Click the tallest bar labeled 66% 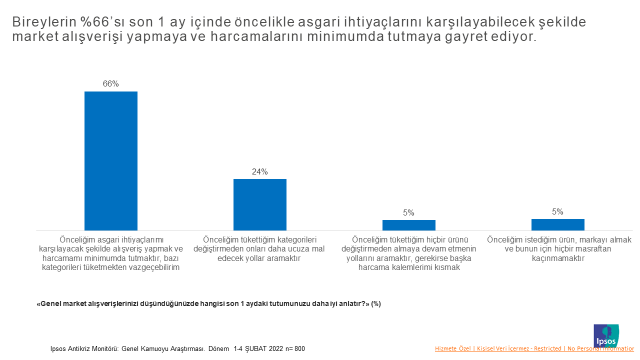point(110,160)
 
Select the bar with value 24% point(259,204)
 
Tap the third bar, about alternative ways point(408,225)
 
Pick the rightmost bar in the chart point(557,224)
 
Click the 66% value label point(110,84)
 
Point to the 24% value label point(259,172)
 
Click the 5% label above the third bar point(408,213)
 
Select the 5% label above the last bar point(557,212)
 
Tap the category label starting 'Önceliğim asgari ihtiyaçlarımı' point(110,254)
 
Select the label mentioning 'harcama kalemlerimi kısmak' point(408,254)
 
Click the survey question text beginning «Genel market point(210,303)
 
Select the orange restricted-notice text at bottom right point(535,349)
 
